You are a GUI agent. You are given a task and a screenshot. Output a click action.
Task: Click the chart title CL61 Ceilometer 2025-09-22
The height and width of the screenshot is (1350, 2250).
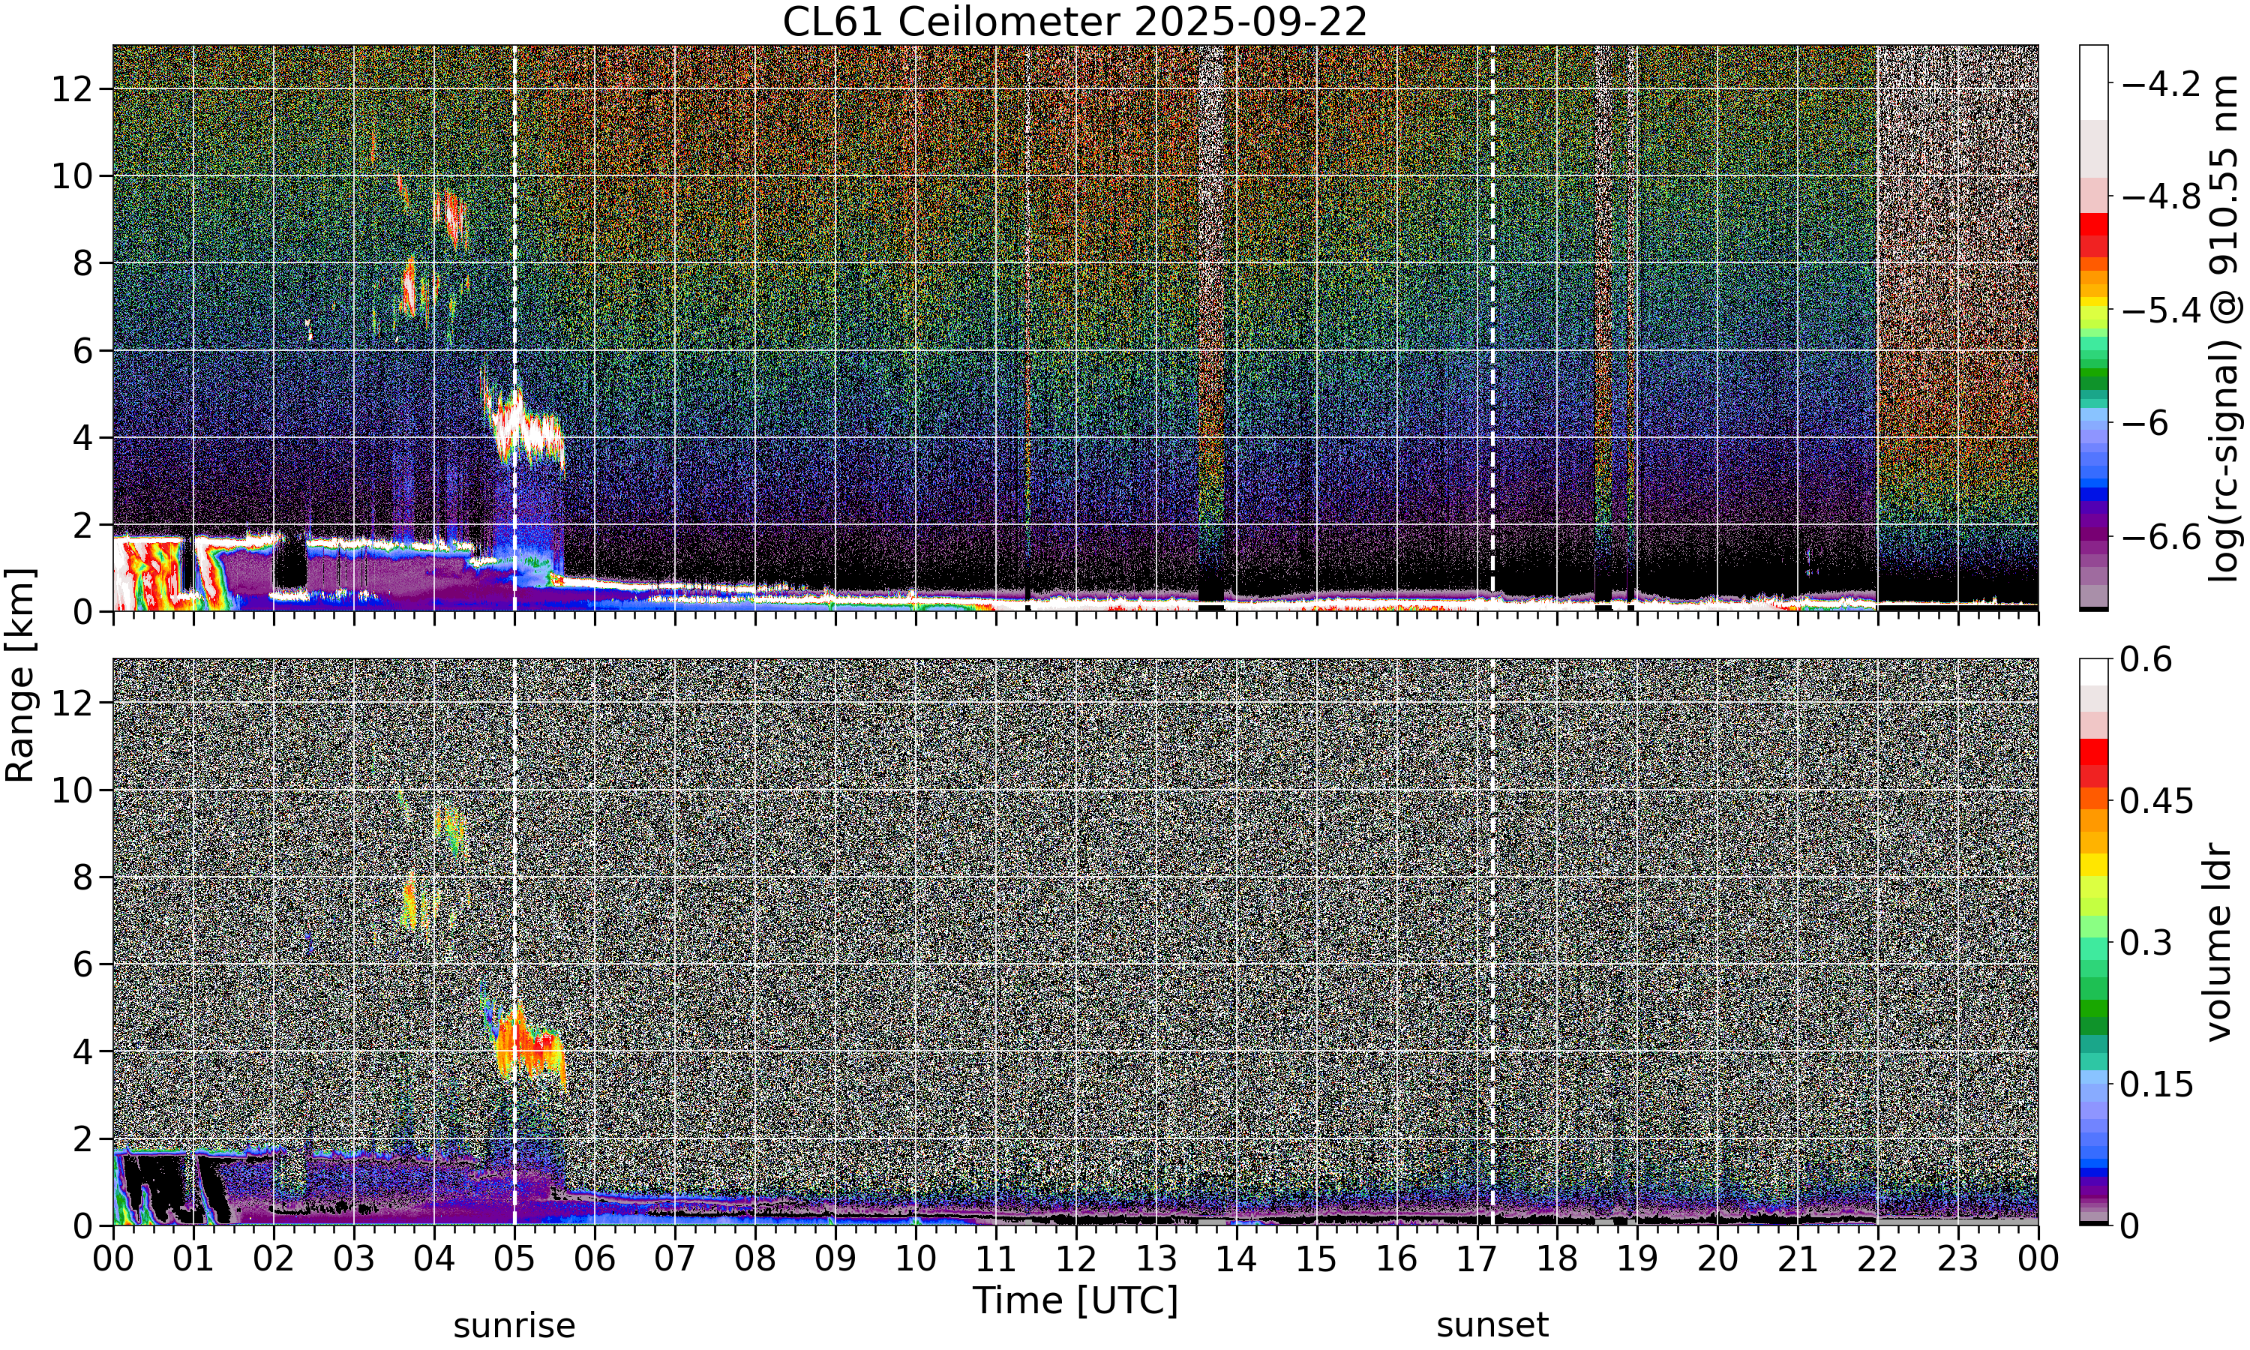1074,22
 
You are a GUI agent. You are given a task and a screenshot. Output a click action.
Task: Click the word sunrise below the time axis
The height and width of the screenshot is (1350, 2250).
514,1325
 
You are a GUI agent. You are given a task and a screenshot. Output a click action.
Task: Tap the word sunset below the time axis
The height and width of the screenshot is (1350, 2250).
1492,1325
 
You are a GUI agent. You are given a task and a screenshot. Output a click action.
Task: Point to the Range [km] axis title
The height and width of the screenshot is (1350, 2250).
20,675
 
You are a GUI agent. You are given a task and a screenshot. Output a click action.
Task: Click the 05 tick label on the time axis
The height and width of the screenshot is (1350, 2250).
514,1259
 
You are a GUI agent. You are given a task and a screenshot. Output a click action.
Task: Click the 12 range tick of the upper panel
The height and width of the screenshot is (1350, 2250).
72,89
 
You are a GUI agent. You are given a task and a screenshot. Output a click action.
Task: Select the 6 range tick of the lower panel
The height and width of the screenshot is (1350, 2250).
84,964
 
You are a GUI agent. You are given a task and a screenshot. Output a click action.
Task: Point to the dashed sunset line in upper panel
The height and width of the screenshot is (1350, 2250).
1492,328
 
